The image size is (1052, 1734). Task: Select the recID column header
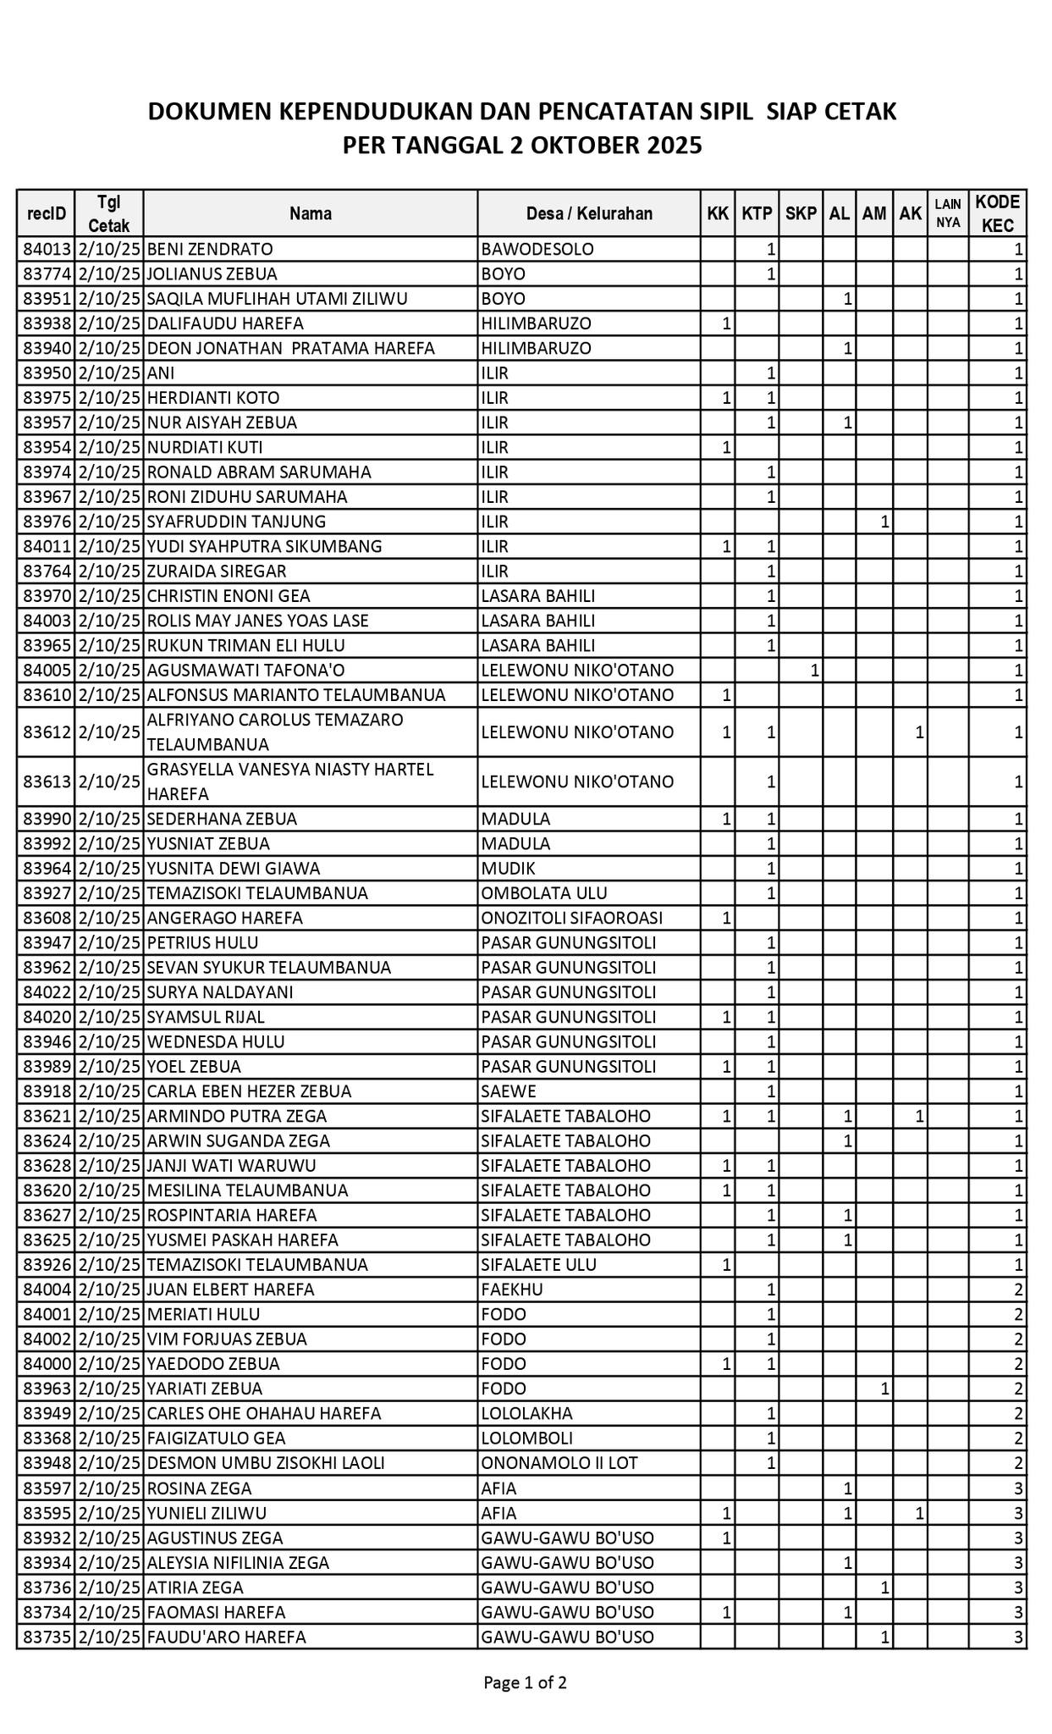tap(46, 213)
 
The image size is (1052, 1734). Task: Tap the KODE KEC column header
tap(998, 213)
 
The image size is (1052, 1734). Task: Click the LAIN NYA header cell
tap(948, 213)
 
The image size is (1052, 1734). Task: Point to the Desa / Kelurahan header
tap(589, 213)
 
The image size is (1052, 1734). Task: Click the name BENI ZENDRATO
tap(210, 250)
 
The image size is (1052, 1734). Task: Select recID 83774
tap(46, 274)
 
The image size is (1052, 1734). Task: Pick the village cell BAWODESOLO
tap(537, 250)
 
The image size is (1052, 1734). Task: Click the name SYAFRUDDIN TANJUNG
tap(236, 522)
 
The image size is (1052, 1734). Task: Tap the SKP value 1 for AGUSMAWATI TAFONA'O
tap(814, 671)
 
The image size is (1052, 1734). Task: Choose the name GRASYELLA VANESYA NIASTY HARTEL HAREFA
tap(290, 781)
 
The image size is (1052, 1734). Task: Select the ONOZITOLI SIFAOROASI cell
tap(572, 918)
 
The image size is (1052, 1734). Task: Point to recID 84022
tap(46, 992)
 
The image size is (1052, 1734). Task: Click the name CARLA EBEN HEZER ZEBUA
tap(249, 1091)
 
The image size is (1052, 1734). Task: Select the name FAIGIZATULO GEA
tap(216, 1439)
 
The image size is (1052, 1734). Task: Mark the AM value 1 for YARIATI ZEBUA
tap(884, 1389)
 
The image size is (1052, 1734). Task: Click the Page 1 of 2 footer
tap(525, 1682)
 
